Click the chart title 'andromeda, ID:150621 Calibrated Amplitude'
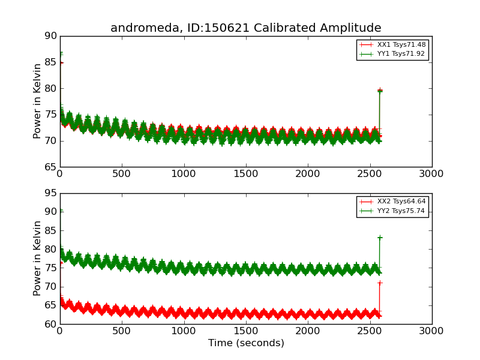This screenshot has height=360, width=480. [245, 28]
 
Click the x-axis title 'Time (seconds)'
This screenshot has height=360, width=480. [246, 343]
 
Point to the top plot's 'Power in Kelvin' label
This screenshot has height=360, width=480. [38, 101]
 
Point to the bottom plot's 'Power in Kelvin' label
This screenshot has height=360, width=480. [38, 258]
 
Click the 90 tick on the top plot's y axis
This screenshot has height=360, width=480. [50, 36]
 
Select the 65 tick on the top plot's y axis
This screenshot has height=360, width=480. [50, 167]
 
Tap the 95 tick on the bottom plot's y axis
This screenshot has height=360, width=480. [50, 193]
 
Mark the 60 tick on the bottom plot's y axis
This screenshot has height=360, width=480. [50, 324]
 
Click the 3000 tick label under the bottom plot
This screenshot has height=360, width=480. [431, 331]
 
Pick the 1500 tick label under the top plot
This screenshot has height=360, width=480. [245, 173]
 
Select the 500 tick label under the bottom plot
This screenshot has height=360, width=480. [122, 331]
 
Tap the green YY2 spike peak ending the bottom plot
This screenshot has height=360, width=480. [379, 238]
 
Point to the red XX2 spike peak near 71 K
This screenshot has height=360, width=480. [379, 283]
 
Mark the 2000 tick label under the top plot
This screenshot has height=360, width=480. [308, 173]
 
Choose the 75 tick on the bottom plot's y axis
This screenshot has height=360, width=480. [50, 268]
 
